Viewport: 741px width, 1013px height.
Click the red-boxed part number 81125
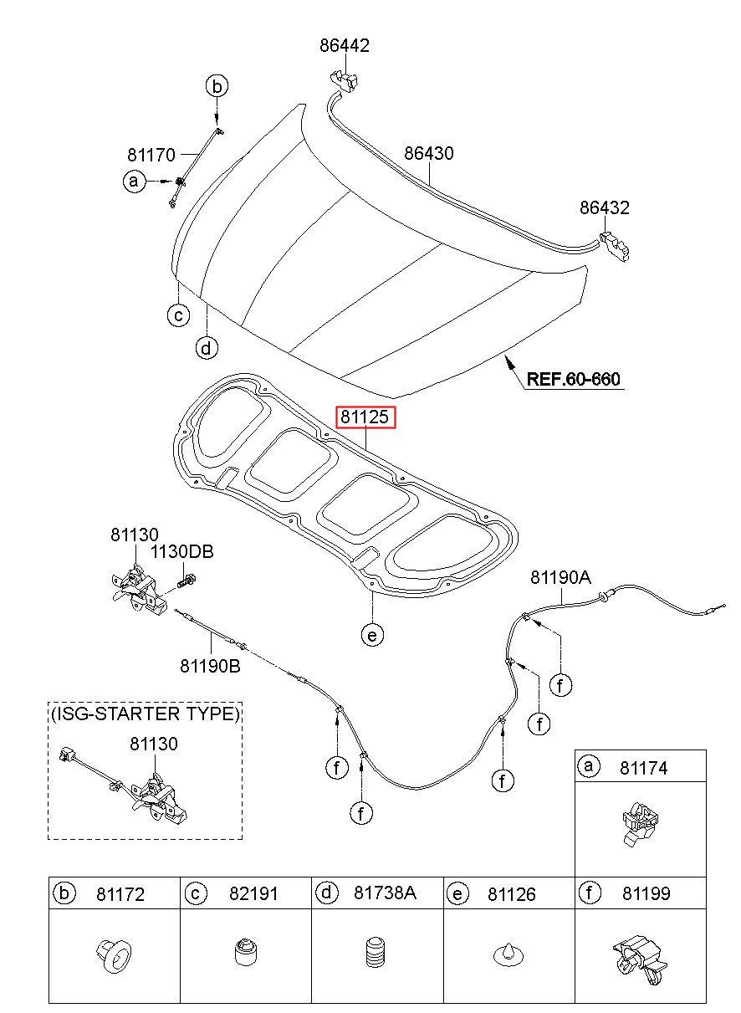(365, 417)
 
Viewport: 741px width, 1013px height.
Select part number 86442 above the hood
(344, 45)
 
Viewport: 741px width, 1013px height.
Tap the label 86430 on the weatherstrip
(429, 154)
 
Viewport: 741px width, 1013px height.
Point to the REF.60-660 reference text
(573, 379)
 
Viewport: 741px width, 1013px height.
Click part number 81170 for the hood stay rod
(151, 155)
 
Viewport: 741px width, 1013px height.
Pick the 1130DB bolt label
(181, 552)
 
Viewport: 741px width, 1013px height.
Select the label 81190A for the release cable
(560, 577)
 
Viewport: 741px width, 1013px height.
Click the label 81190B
(209, 666)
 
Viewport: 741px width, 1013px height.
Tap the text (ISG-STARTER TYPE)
(146, 714)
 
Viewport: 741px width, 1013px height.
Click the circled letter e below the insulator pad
(372, 635)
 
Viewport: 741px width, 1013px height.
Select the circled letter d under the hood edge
(207, 347)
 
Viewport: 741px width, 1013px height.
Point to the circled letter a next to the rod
(134, 181)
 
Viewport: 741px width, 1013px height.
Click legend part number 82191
(253, 894)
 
